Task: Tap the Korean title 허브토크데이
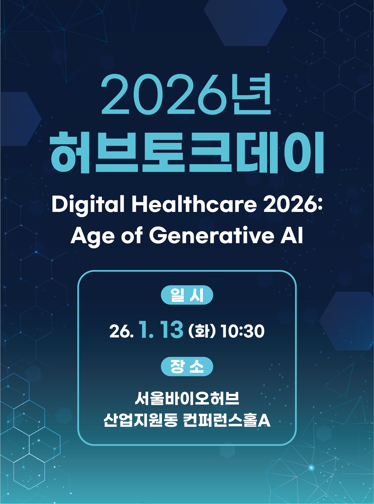click(187, 153)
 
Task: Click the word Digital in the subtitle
click(88, 204)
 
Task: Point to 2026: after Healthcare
click(293, 204)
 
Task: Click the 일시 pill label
click(187, 295)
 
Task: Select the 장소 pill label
click(187, 366)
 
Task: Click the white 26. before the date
click(122, 331)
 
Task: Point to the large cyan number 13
click(171, 330)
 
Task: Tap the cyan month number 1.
click(146, 330)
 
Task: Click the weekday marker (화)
click(202, 331)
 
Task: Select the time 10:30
click(242, 331)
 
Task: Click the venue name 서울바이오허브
click(187, 398)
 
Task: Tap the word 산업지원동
click(140, 420)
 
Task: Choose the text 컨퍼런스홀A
click(227, 420)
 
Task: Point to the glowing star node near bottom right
click(312, 468)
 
